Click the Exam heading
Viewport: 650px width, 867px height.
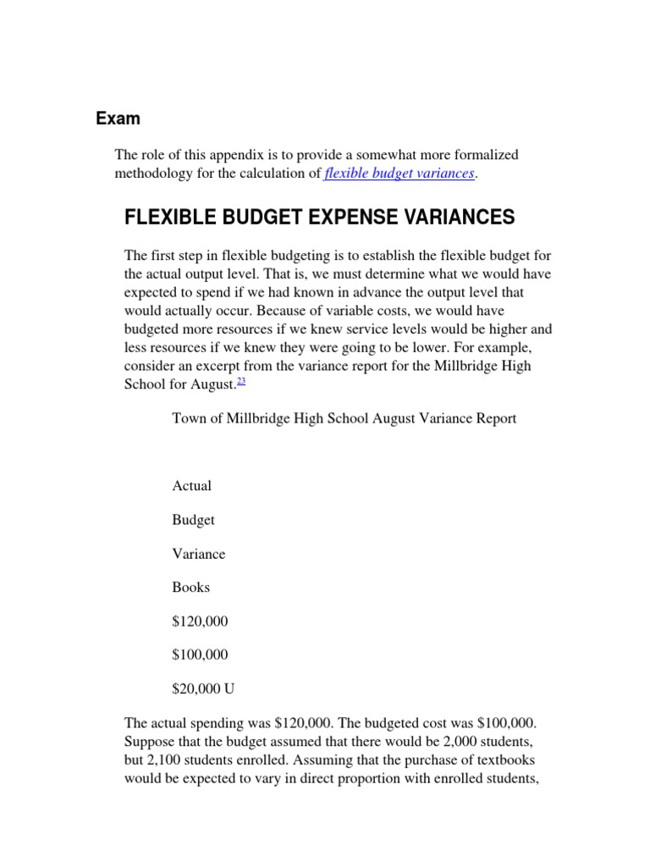(x=118, y=119)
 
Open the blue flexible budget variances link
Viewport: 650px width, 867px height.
(x=400, y=174)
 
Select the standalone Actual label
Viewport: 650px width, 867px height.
(x=191, y=486)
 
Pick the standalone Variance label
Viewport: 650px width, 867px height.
(x=199, y=554)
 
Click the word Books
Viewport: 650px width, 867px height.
(x=190, y=588)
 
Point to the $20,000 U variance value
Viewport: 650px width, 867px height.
(x=203, y=689)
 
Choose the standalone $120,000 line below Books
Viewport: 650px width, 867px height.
(x=200, y=621)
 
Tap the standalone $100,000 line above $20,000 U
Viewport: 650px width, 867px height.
(x=200, y=655)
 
